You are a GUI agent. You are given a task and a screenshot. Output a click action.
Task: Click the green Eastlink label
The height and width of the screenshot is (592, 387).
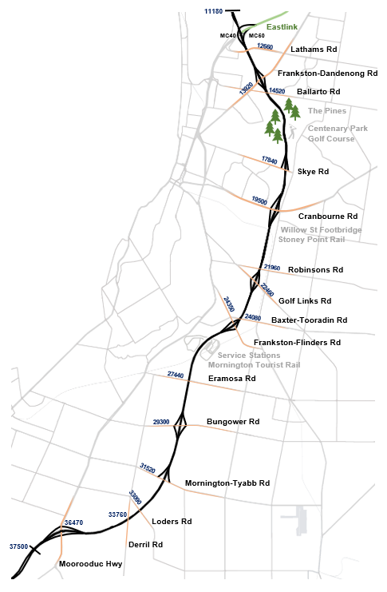pyautogui.click(x=282, y=27)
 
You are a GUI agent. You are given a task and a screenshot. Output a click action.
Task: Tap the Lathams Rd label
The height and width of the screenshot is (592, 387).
pyautogui.click(x=315, y=50)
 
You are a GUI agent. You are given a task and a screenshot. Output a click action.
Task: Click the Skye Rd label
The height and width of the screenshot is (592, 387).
pyautogui.click(x=313, y=172)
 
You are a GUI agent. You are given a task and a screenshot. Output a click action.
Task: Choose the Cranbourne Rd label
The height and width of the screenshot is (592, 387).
pyautogui.click(x=327, y=217)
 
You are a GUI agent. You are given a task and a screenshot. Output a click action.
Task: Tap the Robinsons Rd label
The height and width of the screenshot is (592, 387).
pyautogui.click(x=315, y=269)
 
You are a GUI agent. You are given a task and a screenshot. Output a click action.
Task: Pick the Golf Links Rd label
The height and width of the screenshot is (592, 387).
pyautogui.click(x=305, y=301)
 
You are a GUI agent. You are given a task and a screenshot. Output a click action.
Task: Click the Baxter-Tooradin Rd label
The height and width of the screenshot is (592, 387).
pyautogui.click(x=309, y=320)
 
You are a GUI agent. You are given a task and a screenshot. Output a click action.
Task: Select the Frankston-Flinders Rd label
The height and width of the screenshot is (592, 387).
pyautogui.click(x=297, y=342)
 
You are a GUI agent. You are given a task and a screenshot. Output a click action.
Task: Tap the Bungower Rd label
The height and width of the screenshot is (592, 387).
pyautogui.click(x=233, y=421)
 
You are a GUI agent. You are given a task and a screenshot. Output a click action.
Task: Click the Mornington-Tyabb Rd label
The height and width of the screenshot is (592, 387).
pyautogui.click(x=227, y=483)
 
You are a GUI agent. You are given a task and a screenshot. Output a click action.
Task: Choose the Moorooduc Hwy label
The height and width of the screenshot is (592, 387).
pyautogui.click(x=90, y=564)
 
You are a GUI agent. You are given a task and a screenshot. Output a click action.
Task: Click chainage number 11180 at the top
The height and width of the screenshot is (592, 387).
pyautogui.click(x=213, y=11)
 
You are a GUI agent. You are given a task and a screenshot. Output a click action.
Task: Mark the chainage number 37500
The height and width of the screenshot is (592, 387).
pyautogui.click(x=19, y=547)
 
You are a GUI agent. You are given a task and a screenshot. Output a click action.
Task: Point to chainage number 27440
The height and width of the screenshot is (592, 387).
pyautogui.click(x=176, y=375)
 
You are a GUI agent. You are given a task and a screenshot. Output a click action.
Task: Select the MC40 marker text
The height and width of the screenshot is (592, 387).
pyautogui.click(x=227, y=36)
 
